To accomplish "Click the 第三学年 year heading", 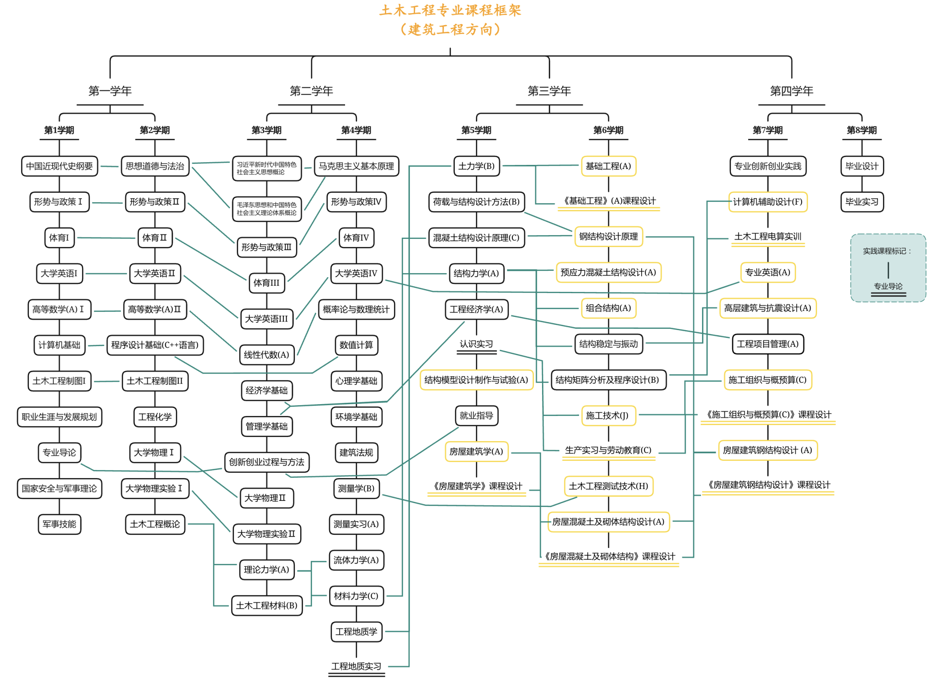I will (549, 91).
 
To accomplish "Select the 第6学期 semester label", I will (608, 130).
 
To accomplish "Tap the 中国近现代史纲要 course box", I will (59, 166).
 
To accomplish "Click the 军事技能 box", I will (59, 524).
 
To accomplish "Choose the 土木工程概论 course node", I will (155, 524).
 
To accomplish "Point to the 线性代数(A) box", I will (266, 355).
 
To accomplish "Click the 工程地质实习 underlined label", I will (356, 666).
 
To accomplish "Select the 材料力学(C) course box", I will (356, 596).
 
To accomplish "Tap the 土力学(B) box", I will (476, 166).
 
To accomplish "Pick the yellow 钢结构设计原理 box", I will (608, 237).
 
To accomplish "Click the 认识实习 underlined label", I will (476, 344).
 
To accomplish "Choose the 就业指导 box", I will (476, 416).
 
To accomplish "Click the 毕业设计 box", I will (862, 166).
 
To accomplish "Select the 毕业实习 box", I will (862, 201).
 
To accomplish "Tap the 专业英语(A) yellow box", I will (767, 272).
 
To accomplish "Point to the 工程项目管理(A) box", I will (767, 344).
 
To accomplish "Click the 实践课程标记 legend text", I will (887, 251).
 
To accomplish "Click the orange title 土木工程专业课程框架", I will (450, 10).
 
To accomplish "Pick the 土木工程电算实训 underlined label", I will (767, 237).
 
